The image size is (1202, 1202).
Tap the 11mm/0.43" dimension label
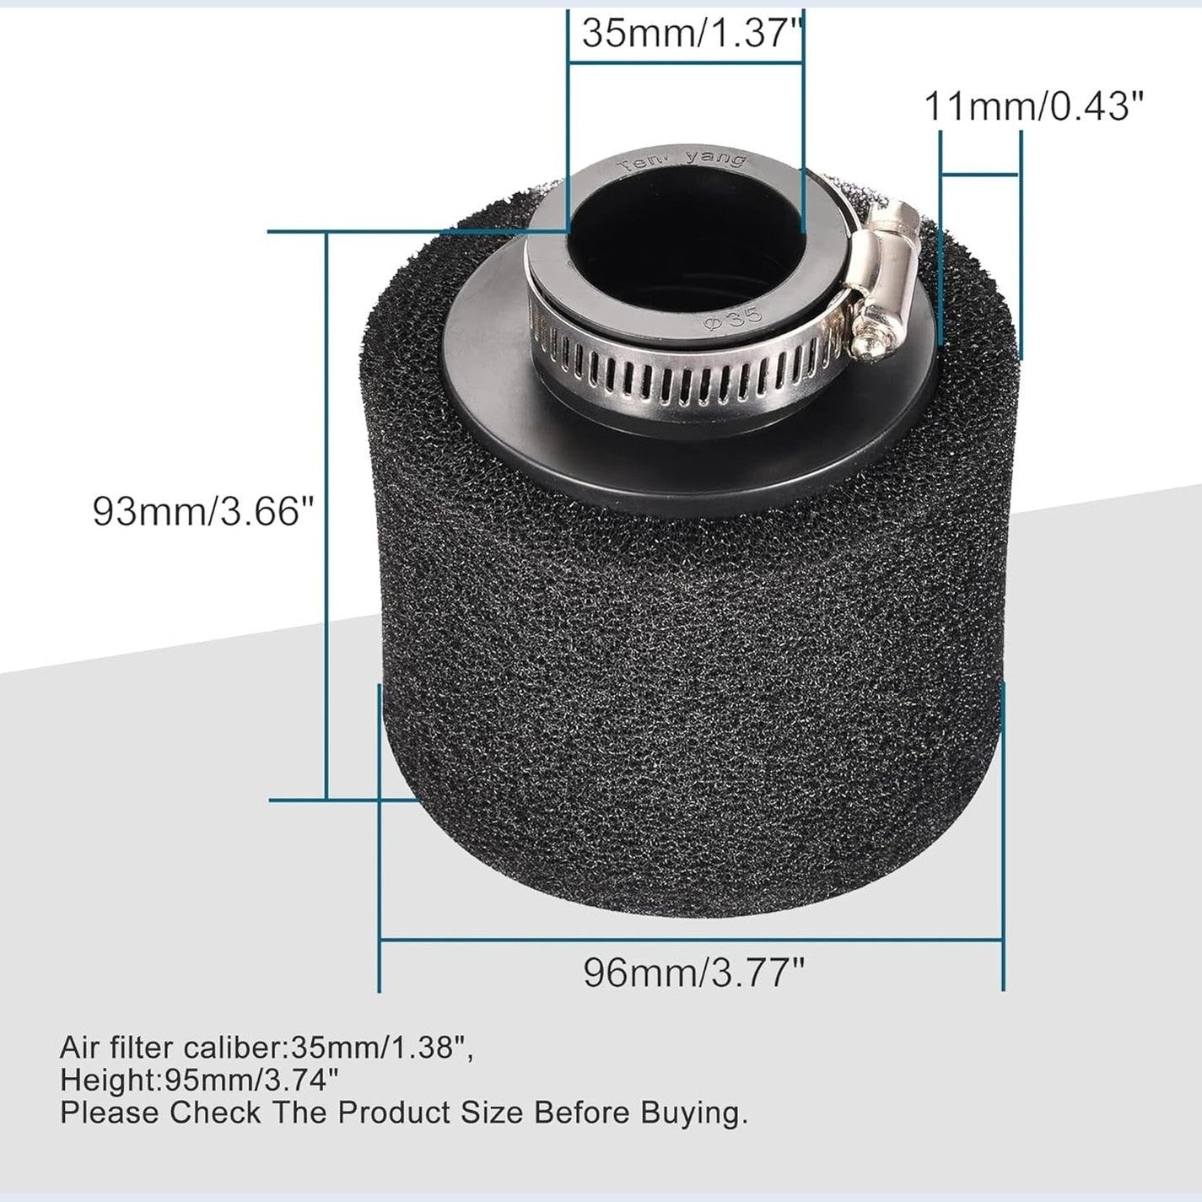pyautogui.click(x=1034, y=107)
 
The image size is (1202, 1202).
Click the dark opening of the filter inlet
pyautogui.click(x=685, y=224)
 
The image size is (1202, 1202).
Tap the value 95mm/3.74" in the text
pyautogui.click(x=252, y=1080)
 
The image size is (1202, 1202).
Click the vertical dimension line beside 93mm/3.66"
pyautogui.click(x=326, y=515)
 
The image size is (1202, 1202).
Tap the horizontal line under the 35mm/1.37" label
pyautogui.click(x=685, y=61)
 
